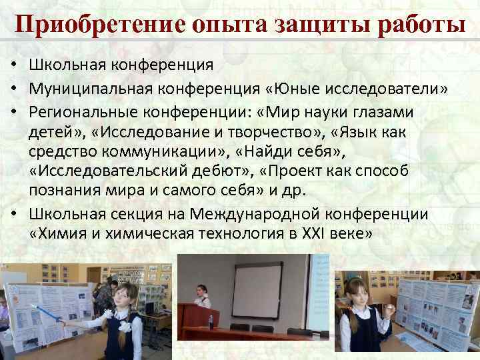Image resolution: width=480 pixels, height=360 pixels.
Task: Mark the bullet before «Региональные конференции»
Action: (x=13, y=111)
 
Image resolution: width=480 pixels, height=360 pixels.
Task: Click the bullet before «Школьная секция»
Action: (x=13, y=215)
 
